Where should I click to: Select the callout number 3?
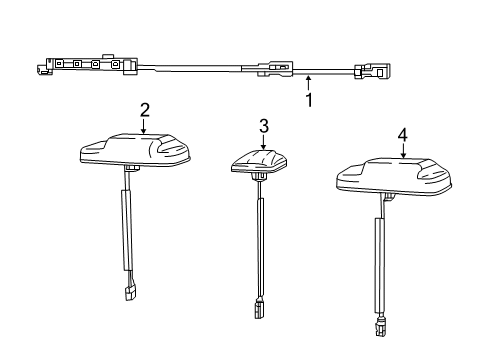click(264, 125)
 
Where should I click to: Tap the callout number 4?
click(402, 135)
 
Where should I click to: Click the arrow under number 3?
click(264, 141)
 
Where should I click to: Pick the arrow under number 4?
click(402, 151)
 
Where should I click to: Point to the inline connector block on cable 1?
click(277, 70)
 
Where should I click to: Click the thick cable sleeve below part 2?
click(128, 230)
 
